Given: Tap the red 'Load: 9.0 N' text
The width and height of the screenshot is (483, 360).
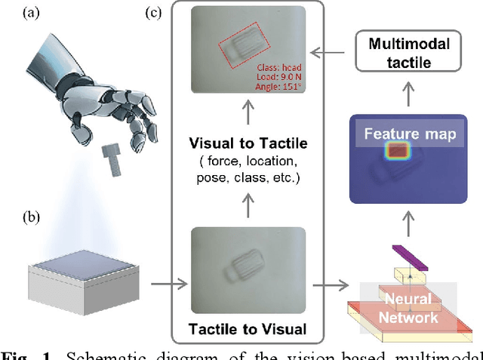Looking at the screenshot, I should (279, 75).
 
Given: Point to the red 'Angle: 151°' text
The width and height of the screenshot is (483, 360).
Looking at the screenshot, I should (279, 87).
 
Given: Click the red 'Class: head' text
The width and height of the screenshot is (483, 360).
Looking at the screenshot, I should (279, 65).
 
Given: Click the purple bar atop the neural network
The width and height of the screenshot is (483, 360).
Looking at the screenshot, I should (409, 257).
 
